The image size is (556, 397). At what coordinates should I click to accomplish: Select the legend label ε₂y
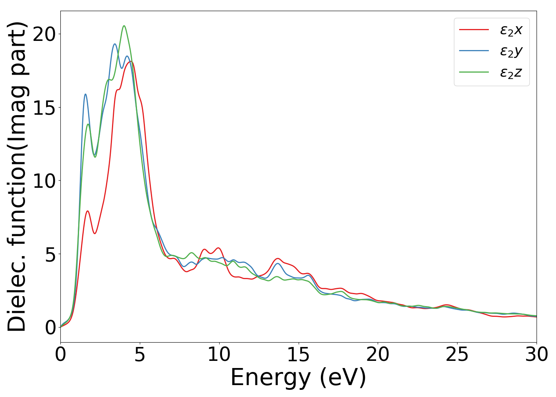point(511,51)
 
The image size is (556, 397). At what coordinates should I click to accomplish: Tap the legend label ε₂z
point(511,72)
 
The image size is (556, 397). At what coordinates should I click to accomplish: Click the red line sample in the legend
point(474,29)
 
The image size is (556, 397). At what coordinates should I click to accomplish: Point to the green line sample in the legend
point(474,72)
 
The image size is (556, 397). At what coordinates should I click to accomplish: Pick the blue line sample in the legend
point(474,50)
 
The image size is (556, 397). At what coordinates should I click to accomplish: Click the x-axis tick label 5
point(140,355)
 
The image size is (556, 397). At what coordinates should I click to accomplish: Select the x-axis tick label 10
point(219,355)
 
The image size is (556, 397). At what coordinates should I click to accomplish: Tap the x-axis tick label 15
point(298,355)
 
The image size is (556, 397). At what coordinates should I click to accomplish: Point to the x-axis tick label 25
point(457,355)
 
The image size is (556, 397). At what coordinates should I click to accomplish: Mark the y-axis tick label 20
point(44,34)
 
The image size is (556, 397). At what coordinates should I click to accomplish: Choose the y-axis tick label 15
point(44,108)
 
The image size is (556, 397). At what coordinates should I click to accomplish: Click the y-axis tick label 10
point(44,181)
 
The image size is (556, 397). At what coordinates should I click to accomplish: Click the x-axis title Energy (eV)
point(298,378)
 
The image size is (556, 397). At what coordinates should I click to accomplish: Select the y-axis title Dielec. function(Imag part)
point(17,176)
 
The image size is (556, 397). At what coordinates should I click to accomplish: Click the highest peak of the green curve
point(124,26)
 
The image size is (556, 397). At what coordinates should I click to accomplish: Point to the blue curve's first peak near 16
point(85,94)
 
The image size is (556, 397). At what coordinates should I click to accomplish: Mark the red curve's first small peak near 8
point(87,211)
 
